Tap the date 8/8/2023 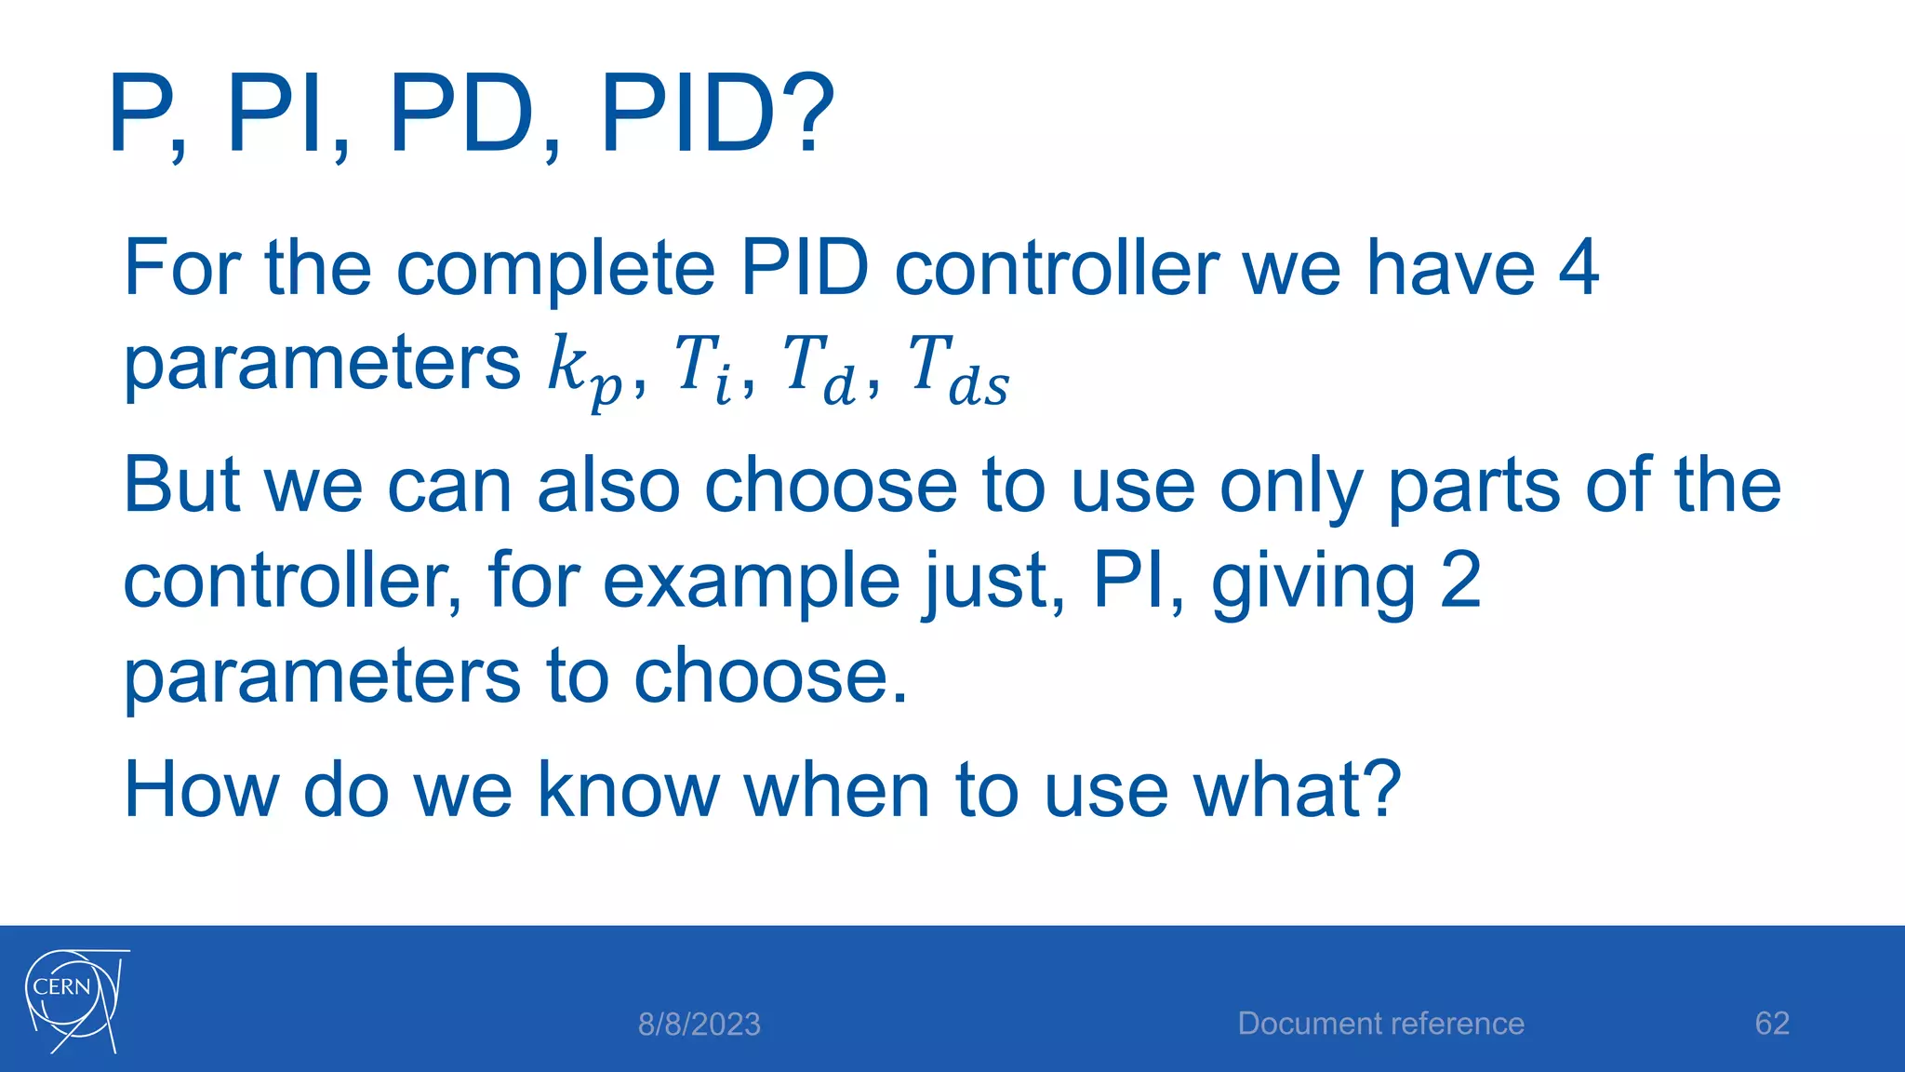(699, 1025)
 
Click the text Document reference (1380, 1024)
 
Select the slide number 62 (1771, 1024)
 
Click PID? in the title (717, 115)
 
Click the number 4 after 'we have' (1579, 268)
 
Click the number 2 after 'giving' (1459, 581)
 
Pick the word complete (555, 270)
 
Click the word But (181, 486)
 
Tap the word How (201, 790)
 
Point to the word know (629, 790)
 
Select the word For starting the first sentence (181, 268)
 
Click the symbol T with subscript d (819, 368)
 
